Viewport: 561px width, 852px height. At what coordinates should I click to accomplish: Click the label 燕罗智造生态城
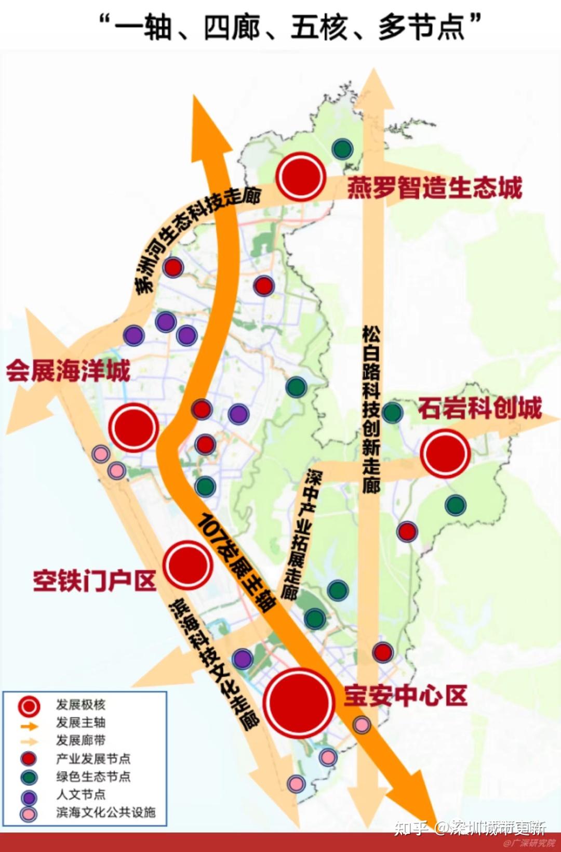coord(434,188)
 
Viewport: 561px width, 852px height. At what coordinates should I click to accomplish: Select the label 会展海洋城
coord(68,371)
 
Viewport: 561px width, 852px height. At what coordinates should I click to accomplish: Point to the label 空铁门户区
coord(95,580)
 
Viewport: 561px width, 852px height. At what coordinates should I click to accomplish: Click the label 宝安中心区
coord(405,696)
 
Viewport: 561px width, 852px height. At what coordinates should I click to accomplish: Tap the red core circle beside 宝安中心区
coord(298,702)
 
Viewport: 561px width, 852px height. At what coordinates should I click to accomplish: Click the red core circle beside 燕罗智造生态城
coord(301,177)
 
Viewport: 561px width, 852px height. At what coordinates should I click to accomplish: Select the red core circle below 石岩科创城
coord(445,453)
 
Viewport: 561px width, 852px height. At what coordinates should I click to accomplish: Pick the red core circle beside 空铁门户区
coord(188,565)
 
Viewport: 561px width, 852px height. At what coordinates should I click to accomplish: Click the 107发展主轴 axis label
coord(236,561)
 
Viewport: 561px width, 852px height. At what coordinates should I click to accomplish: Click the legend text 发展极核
coord(81,705)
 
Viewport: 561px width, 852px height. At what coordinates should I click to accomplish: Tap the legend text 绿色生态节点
coord(93,777)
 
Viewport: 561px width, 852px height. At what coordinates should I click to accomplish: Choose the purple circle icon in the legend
coord(29,796)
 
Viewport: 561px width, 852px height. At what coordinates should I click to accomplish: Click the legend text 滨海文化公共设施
coord(105,812)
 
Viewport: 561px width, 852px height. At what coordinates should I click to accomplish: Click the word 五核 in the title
coord(318,27)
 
